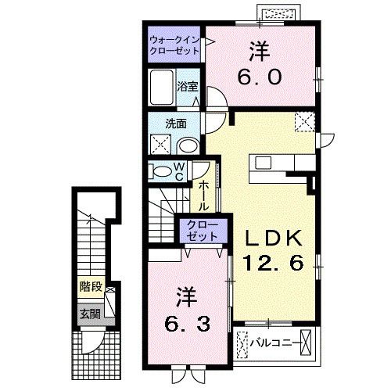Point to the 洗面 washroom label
tap(175, 124)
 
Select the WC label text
tap(178, 171)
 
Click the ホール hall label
tap(203, 195)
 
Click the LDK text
tap(274, 236)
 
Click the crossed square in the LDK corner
tap(303, 121)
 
